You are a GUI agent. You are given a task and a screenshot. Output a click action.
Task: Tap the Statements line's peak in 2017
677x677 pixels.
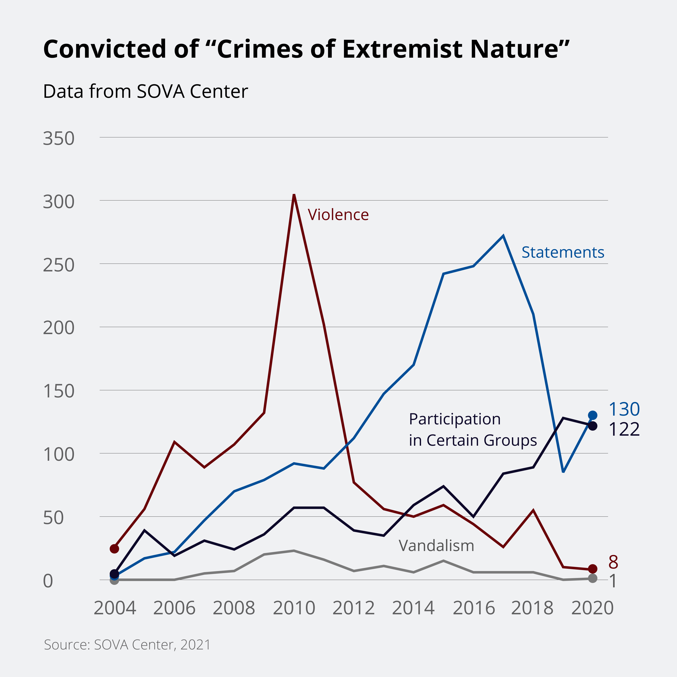(503, 236)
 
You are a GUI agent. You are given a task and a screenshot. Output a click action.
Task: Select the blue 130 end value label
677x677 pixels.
(624, 409)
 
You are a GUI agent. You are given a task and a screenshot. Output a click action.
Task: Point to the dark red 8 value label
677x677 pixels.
(613, 562)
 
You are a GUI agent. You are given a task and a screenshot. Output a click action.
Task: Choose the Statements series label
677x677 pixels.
(563, 252)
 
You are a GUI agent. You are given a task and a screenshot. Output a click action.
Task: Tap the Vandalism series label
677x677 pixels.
(436, 546)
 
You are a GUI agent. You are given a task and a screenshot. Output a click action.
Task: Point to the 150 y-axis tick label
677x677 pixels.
(59, 391)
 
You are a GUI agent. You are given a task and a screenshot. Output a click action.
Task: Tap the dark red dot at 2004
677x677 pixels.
(115, 548)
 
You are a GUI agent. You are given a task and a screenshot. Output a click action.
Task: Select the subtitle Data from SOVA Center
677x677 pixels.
(145, 92)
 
